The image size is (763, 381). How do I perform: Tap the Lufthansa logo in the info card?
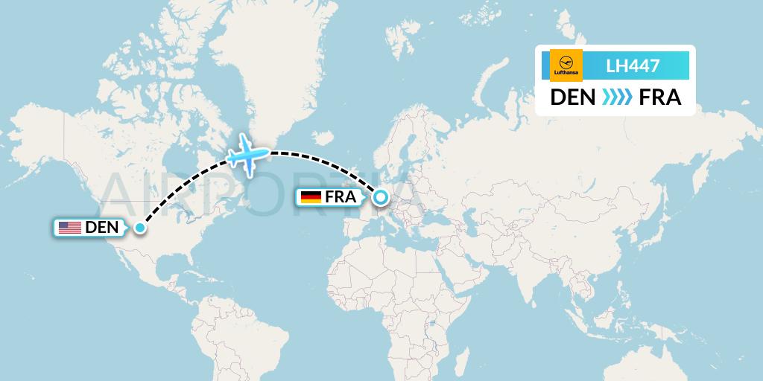[566, 65]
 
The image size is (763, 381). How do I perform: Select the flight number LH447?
[633, 66]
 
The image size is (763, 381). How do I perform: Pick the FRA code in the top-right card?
[660, 97]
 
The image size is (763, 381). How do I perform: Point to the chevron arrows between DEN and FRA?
[615, 97]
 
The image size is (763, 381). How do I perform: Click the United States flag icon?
[70, 228]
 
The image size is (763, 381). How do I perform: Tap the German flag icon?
[310, 197]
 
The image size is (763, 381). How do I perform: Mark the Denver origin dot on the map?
[139, 228]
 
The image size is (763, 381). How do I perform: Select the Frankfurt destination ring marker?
[381, 197]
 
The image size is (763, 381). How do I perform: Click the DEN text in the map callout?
[102, 228]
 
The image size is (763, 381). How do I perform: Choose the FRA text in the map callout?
[341, 197]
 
